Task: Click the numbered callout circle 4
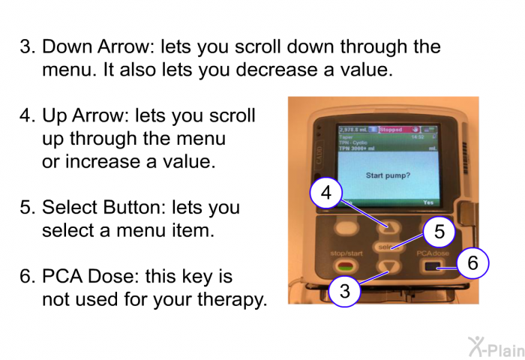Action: (x=325, y=193)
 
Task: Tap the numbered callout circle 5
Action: (x=439, y=232)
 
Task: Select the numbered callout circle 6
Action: (x=472, y=262)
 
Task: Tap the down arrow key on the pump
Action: (x=388, y=266)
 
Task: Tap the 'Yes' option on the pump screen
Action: (x=428, y=202)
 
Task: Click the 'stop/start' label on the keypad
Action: (x=346, y=253)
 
